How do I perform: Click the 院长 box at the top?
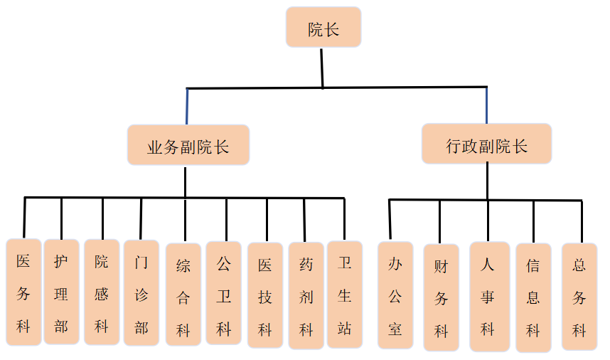click(323, 28)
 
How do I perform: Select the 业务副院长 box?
click(188, 145)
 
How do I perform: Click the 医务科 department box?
click(23, 292)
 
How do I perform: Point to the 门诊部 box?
click(141, 292)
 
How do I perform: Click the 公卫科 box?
click(224, 293)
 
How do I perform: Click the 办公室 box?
click(395, 295)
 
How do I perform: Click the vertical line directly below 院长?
click(322, 68)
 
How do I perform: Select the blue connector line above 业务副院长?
click(187, 107)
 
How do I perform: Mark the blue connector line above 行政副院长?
click(486, 105)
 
